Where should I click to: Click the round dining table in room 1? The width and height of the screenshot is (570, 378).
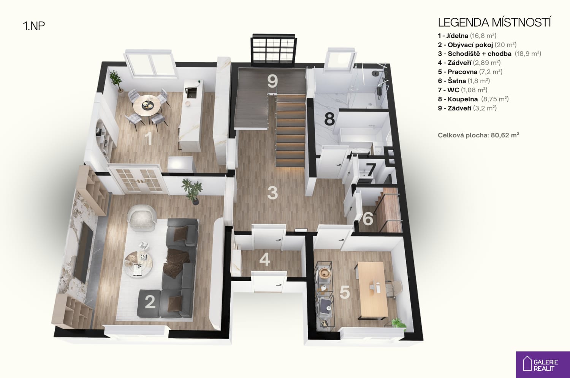(x=147, y=106)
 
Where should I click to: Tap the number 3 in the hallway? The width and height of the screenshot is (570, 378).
(x=272, y=193)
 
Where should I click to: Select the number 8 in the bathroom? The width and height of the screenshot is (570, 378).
(x=329, y=119)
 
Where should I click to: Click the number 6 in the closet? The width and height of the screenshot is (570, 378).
(x=368, y=219)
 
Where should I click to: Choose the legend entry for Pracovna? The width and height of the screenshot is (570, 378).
(x=470, y=72)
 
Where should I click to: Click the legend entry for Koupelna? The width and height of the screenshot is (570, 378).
(x=473, y=99)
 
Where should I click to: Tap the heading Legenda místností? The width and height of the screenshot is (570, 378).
(x=494, y=22)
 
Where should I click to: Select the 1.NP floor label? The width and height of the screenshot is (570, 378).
(x=34, y=26)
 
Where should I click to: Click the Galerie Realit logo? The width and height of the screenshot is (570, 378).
(x=543, y=365)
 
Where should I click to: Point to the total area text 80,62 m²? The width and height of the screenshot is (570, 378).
(x=505, y=135)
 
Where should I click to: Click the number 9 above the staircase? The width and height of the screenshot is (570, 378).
(x=272, y=81)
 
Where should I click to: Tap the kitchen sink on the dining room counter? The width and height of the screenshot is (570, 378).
(x=190, y=93)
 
